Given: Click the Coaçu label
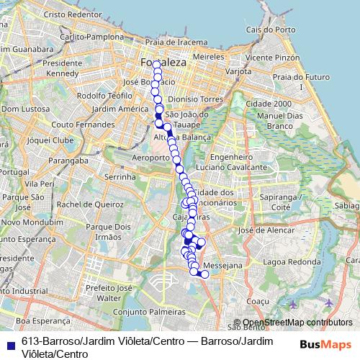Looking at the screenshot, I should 257,302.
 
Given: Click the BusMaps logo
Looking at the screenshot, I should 325,343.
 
